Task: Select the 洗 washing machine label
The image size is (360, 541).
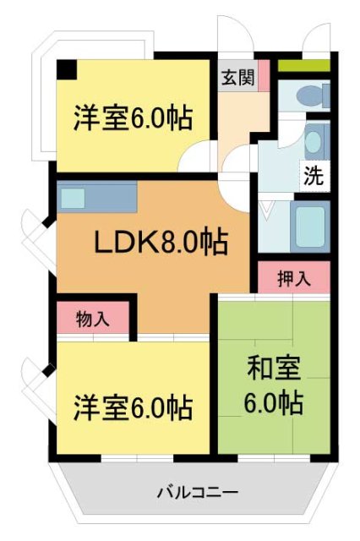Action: click(313, 178)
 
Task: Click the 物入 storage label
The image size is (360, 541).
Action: click(91, 319)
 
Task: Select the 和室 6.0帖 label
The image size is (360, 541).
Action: click(274, 385)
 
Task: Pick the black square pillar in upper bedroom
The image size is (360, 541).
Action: click(66, 70)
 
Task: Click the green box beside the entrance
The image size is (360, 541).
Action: click(303, 65)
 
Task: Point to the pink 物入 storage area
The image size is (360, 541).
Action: click(91, 319)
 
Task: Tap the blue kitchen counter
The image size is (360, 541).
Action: click(101, 199)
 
